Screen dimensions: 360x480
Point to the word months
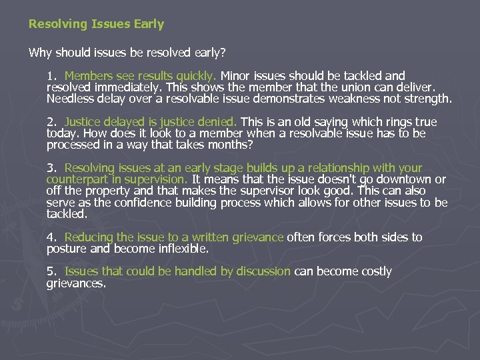pos(234,145)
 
